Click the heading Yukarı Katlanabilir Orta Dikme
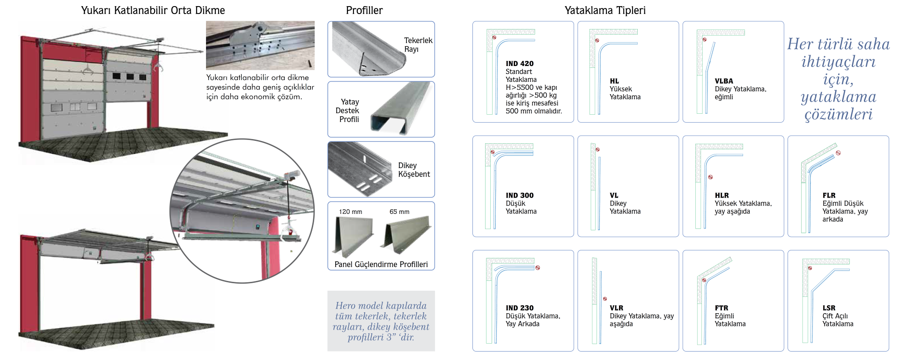[153, 10]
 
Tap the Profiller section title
[364, 10]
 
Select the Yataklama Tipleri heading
[605, 10]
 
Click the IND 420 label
[519, 64]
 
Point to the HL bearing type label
[614, 81]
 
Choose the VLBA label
[724, 81]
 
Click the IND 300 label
[519, 195]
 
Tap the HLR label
[722, 195]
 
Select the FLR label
[829, 195]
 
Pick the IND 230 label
[519, 308]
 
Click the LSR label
[829, 308]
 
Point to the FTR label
[722, 308]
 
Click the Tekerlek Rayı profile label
[418, 45]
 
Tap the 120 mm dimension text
[351, 212]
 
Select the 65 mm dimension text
[399, 212]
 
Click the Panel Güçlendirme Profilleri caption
[381, 264]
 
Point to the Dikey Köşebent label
[414, 170]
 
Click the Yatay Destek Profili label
[347, 110]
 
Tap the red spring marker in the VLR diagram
[605, 299]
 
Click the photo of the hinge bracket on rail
[260, 45]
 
